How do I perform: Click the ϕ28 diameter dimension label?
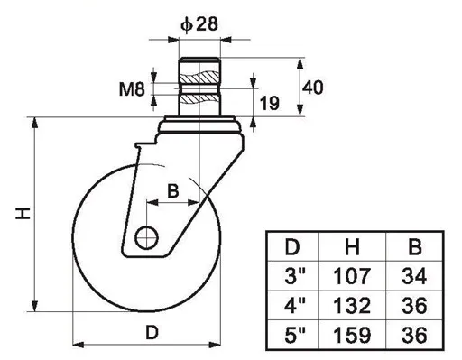(x=199, y=24)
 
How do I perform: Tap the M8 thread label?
(x=132, y=89)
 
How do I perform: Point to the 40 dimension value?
(x=313, y=88)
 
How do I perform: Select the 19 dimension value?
(x=269, y=103)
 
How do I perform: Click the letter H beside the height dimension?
(x=23, y=213)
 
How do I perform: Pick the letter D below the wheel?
(x=152, y=333)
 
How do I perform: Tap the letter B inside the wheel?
(x=172, y=190)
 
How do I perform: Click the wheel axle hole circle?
(x=146, y=237)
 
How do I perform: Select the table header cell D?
(x=292, y=247)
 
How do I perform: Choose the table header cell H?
(x=352, y=247)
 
